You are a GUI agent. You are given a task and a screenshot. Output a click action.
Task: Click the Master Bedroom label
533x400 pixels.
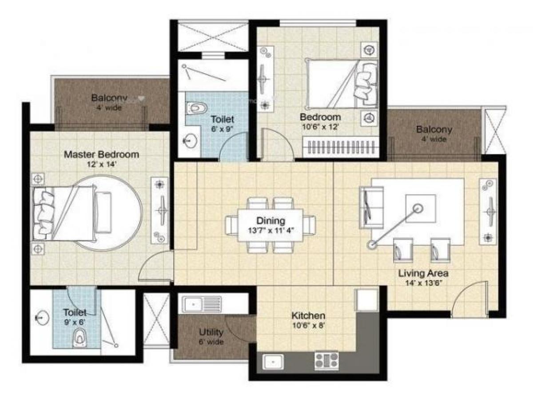point(101,155)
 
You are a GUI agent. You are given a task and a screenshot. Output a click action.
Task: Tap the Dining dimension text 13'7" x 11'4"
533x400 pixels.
point(270,230)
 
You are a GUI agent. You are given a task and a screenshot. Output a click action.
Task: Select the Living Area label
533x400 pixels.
point(423,273)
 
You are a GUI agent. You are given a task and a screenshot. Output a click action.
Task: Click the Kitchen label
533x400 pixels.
point(308,316)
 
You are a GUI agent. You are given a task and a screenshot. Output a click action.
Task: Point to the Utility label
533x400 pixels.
point(211,332)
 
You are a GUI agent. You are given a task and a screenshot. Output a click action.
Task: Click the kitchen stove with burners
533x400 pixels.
point(326,360)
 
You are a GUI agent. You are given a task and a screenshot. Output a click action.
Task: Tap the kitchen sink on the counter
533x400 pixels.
point(271,362)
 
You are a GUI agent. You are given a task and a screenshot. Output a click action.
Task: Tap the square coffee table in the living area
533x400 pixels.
point(420,209)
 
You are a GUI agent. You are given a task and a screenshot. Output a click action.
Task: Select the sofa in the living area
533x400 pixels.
point(371,208)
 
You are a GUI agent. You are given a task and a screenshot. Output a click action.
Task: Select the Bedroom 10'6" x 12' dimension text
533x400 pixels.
point(320,126)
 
